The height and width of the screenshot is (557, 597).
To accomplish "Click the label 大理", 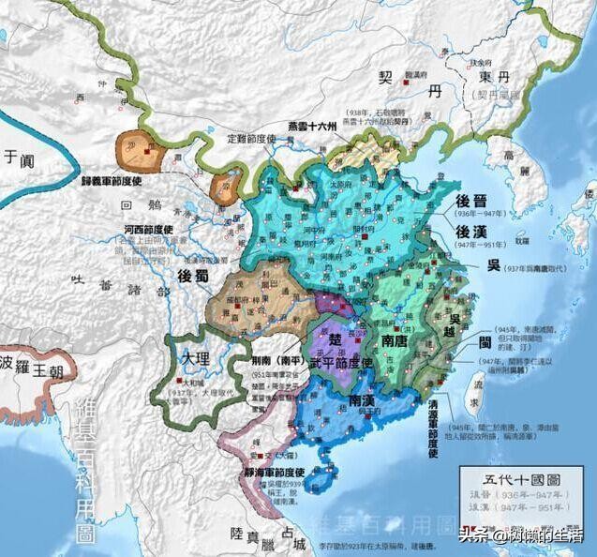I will [196, 358].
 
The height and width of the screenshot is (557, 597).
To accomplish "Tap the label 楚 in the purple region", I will [335, 337].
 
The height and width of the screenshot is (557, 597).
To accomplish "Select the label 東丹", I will [495, 78].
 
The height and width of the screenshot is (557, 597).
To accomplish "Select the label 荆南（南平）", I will [271, 360].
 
